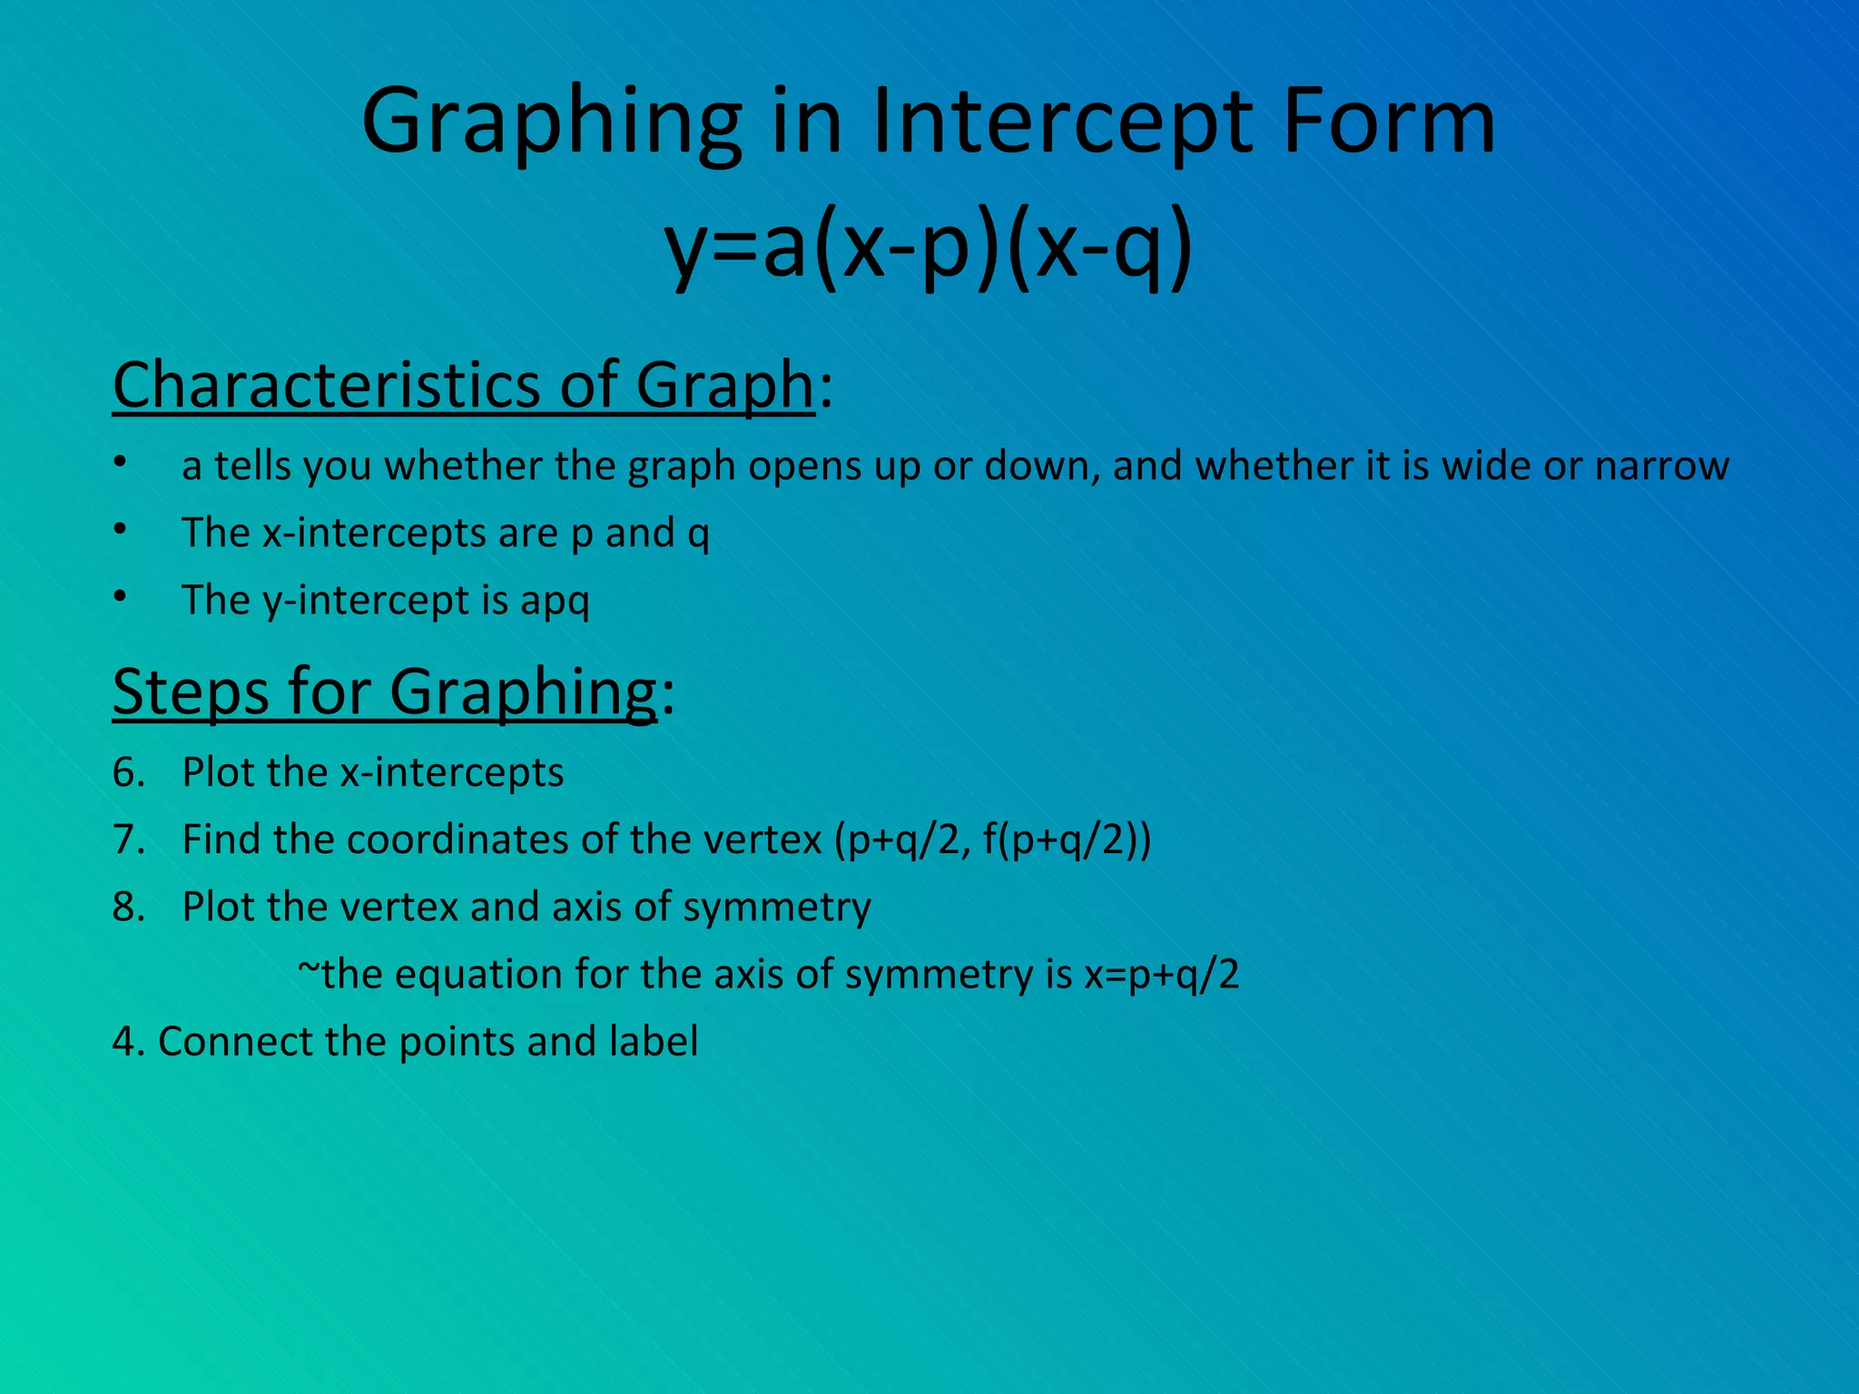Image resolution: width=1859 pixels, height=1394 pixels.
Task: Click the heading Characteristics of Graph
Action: [463, 385]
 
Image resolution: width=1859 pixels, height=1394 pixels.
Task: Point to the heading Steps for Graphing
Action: [384, 692]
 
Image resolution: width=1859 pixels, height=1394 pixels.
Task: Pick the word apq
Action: [555, 601]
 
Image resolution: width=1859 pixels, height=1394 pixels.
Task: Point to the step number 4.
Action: [125, 1041]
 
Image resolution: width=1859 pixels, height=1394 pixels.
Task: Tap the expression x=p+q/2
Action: [1161, 975]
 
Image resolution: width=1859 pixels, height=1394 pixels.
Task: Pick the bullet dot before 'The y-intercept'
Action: [120, 595]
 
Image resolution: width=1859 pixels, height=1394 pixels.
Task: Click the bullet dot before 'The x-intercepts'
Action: [120, 528]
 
